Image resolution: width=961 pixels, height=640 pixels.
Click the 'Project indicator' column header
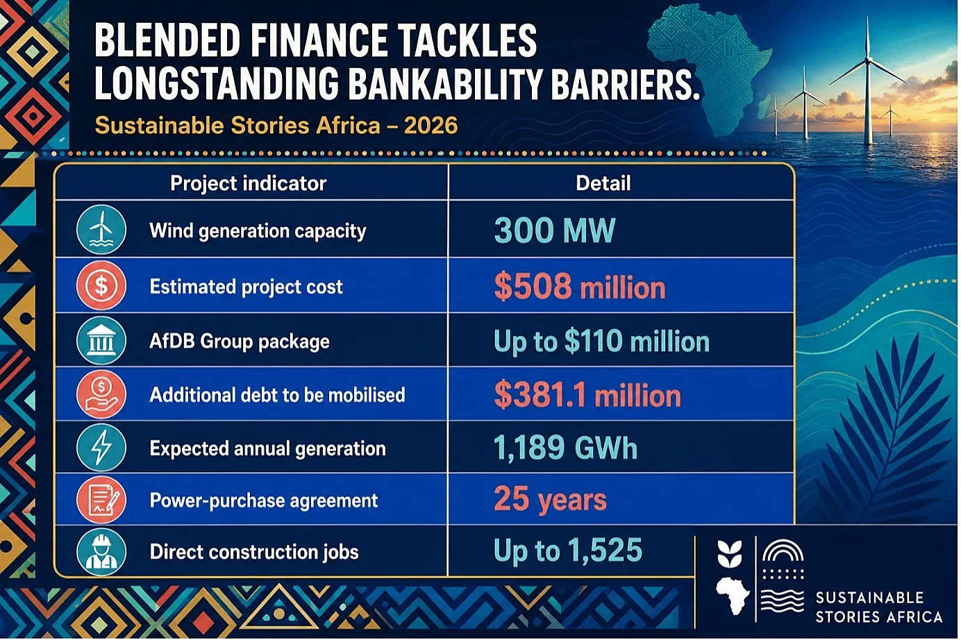(248, 183)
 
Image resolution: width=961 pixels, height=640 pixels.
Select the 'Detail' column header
(603, 183)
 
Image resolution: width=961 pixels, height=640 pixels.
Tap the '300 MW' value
(554, 230)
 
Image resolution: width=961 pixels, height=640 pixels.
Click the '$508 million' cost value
(580, 286)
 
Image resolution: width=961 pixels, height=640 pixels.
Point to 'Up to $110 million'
(601, 342)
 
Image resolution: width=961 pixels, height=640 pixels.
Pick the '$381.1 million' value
(587, 395)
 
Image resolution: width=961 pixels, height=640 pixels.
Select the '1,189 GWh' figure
(565, 448)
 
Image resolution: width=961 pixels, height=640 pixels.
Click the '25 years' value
(551, 499)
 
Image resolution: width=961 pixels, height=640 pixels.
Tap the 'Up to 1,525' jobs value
(568, 550)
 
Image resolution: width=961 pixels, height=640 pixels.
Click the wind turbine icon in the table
(101, 230)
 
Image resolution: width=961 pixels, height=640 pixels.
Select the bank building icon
(101, 341)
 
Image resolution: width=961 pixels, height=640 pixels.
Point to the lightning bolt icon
(101, 448)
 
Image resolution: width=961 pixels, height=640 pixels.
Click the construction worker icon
(101, 551)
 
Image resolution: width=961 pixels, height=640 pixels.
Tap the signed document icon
(101, 500)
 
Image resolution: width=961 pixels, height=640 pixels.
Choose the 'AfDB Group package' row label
(240, 342)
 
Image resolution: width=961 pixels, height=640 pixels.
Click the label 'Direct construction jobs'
(254, 552)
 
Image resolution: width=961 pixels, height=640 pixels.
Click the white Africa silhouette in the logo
(733, 596)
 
